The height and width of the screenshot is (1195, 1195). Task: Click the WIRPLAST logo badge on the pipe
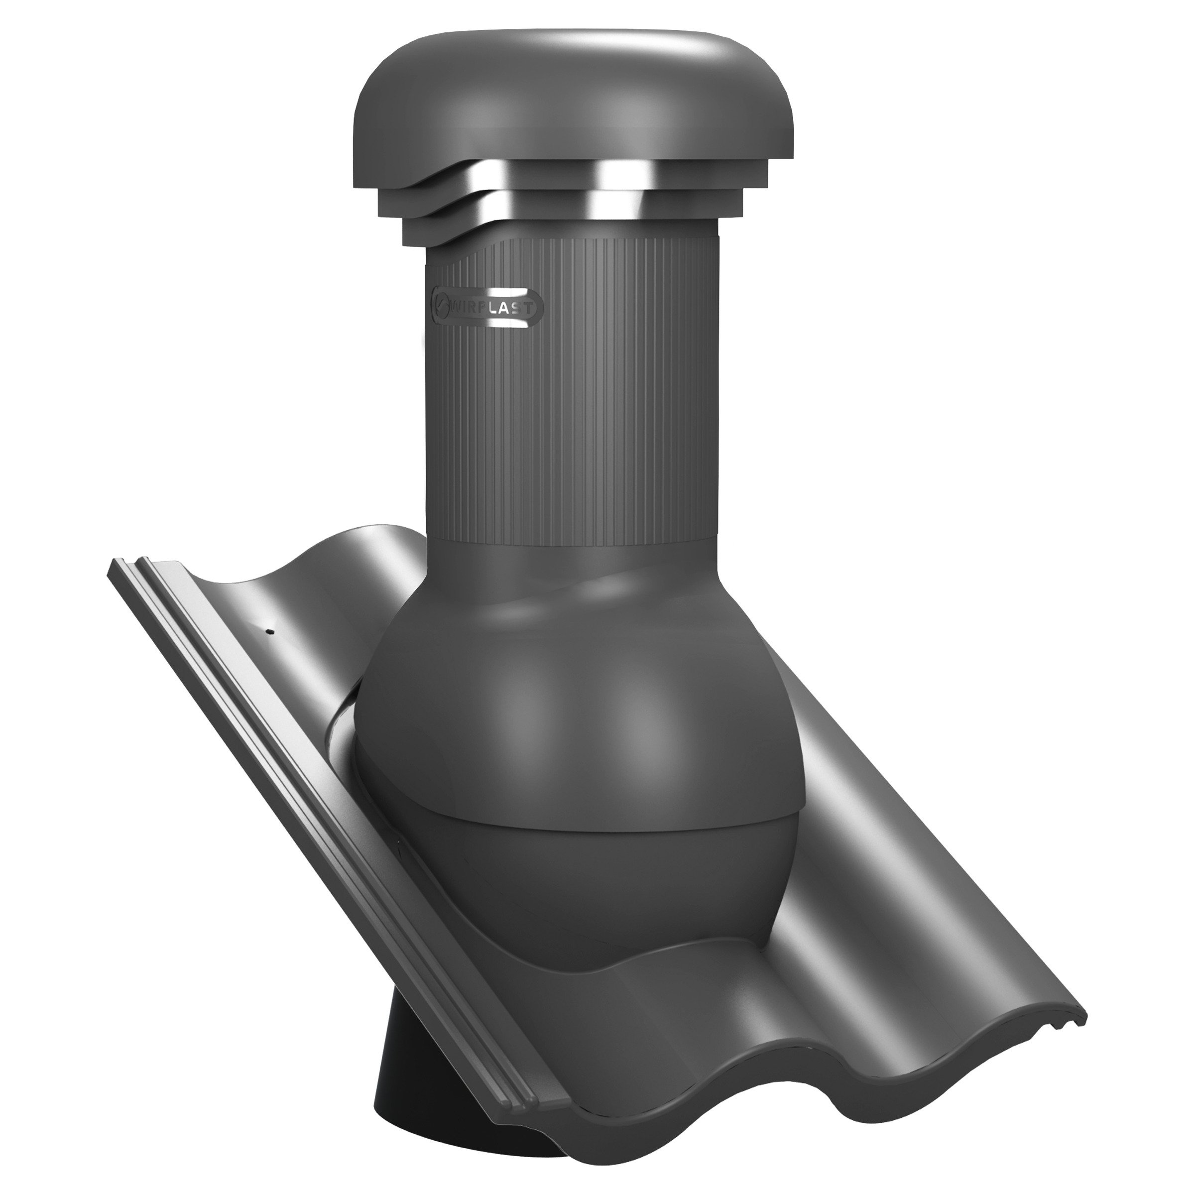pyautogui.click(x=487, y=306)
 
